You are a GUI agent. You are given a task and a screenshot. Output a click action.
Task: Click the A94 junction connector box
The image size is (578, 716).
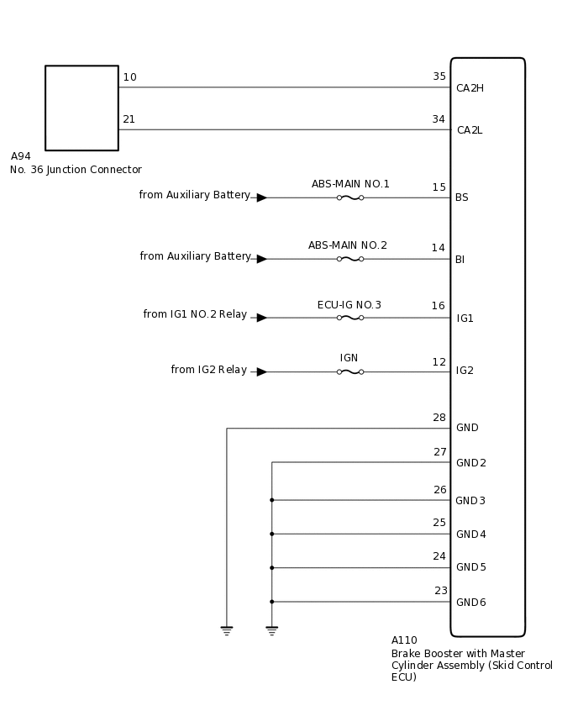(81, 108)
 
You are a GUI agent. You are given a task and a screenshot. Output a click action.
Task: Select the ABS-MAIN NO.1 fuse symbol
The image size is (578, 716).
(349, 197)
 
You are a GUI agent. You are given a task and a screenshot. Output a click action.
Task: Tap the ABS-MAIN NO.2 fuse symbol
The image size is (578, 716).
(349, 259)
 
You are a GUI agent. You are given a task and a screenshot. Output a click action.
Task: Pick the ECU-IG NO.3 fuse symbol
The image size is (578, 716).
(349, 318)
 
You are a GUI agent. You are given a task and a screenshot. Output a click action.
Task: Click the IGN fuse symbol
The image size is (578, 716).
(349, 371)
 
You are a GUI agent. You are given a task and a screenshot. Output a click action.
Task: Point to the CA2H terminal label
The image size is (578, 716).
(470, 88)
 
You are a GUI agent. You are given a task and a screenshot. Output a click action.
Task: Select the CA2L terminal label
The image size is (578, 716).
(469, 130)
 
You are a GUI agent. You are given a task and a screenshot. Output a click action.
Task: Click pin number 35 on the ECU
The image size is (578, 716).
(439, 76)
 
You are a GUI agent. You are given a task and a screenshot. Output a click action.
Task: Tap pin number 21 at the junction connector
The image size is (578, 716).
(129, 119)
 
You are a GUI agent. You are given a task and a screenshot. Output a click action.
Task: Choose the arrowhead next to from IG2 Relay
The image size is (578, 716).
(261, 371)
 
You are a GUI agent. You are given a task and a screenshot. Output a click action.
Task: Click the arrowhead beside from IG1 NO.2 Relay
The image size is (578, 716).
(261, 318)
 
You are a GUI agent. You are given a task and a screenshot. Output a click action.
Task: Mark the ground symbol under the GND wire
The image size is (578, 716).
(227, 629)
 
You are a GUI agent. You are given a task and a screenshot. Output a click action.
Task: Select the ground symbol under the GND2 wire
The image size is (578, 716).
(271, 629)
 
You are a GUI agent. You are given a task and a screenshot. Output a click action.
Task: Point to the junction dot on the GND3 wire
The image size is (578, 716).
(271, 500)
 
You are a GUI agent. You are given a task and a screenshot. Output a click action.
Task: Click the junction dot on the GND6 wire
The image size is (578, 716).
(271, 602)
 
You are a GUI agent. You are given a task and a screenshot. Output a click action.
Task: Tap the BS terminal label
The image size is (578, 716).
(461, 197)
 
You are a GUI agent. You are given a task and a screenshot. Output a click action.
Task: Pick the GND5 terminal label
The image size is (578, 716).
(470, 567)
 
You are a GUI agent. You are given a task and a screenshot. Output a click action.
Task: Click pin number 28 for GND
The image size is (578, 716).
(439, 418)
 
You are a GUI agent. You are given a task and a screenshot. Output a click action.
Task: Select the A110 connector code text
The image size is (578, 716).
(404, 640)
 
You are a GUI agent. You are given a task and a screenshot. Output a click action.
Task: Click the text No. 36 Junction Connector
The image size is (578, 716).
(76, 170)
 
